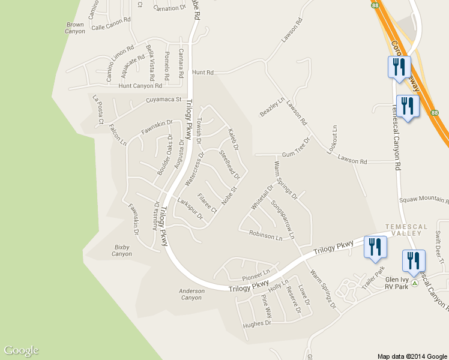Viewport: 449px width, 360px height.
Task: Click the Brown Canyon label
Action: pyautogui.click(x=76, y=28)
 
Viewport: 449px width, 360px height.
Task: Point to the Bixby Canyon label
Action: pyautogui.click(x=122, y=250)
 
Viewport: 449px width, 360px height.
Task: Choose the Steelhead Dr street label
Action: pyautogui.click(x=229, y=165)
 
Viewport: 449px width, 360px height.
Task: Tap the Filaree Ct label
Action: pyautogui.click(x=206, y=203)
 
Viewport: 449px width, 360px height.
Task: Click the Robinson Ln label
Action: pyautogui.click(x=266, y=236)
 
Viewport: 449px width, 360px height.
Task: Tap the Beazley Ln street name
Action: pyautogui.click(x=271, y=106)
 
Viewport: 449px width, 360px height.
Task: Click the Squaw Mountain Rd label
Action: pyautogui.click(x=424, y=199)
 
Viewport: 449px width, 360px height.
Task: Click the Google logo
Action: pyautogui.click(x=21, y=350)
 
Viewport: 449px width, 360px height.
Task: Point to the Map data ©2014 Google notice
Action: pyautogui.click(x=412, y=356)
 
